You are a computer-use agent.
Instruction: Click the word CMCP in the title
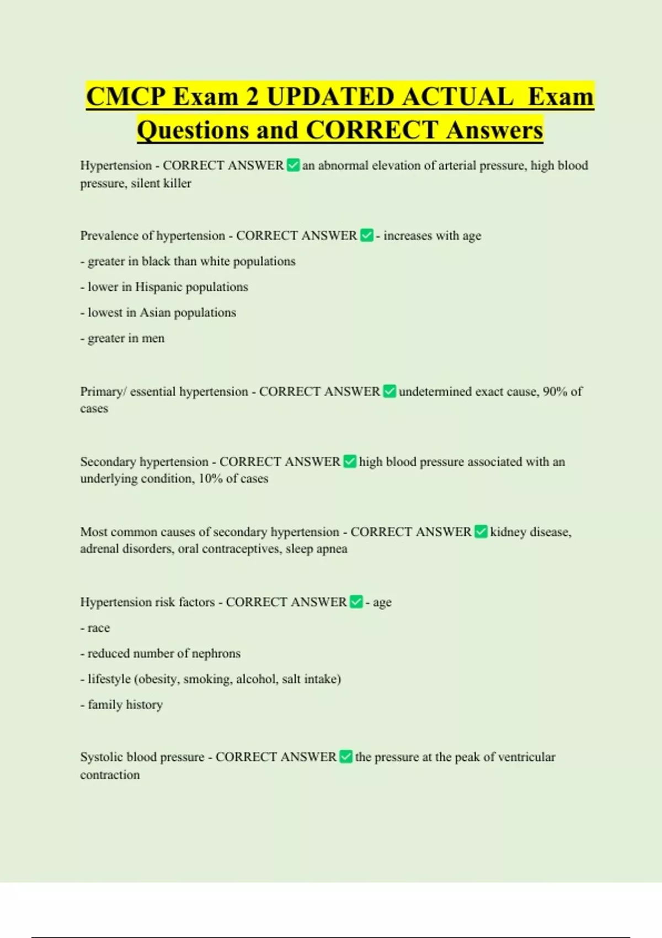(x=126, y=97)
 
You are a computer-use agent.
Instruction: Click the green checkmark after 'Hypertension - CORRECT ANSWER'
(x=293, y=165)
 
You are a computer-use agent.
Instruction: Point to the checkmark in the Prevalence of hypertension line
(x=367, y=236)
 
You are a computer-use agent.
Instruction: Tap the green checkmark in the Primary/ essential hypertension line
(x=389, y=391)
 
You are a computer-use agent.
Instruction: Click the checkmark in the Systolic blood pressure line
(x=346, y=756)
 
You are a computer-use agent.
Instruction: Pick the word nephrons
(x=216, y=653)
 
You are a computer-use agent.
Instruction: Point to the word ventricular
(x=527, y=756)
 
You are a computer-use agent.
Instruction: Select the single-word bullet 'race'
(x=99, y=628)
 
